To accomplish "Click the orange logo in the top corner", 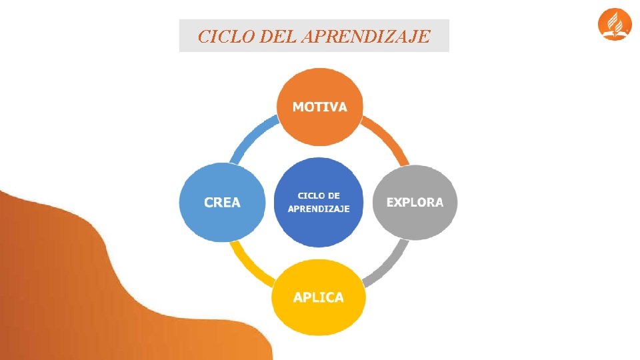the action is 614,25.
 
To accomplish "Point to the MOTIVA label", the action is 319,107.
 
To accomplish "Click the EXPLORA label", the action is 415,202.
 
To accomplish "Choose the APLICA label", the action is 319,297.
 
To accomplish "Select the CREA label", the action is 222,202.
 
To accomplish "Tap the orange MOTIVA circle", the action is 319,127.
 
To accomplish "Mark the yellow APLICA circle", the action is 319,317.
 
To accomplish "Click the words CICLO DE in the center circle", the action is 319,195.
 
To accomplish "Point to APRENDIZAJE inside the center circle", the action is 319,209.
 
